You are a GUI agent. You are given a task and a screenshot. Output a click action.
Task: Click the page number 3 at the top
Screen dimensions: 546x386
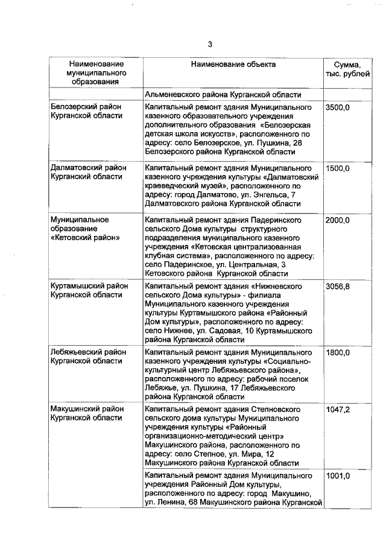coord(210,44)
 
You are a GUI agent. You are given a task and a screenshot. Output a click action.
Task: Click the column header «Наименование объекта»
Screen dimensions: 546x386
coord(233,64)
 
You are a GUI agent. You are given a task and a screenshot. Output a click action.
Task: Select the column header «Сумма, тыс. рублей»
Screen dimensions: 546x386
coord(343,69)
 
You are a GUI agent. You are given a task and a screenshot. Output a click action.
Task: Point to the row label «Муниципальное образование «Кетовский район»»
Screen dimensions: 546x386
coord(84,229)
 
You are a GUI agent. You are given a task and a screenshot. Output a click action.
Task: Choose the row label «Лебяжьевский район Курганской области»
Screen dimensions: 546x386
coord(87,356)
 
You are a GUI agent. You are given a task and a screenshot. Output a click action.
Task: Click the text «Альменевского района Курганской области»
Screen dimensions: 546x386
coord(223,94)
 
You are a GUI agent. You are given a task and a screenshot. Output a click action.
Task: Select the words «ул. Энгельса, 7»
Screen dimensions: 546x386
coord(264,195)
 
